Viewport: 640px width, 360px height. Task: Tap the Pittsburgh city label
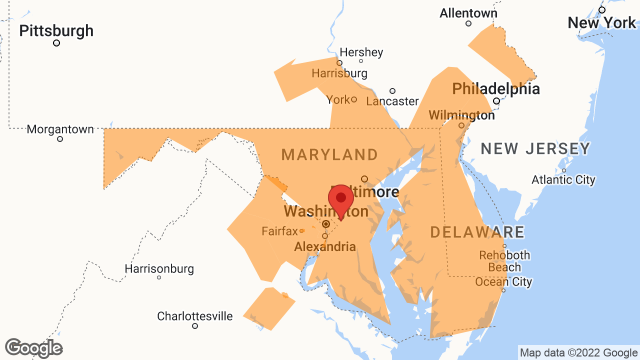[x=56, y=30]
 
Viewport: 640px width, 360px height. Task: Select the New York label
[x=601, y=22]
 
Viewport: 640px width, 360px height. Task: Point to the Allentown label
[x=468, y=13]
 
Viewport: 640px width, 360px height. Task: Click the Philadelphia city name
[x=495, y=89]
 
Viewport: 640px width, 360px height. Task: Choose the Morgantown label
[x=60, y=129]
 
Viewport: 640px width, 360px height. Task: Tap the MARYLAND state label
[x=329, y=154]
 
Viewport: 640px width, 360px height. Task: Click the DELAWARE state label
[x=477, y=232]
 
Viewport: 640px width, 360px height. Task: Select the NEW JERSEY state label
[x=535, y=148]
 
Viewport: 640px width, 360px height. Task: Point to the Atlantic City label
[x=563, y=179]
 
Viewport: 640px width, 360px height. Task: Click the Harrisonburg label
[x=159, y=268]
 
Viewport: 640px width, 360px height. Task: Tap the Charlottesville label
[x=194, y=316]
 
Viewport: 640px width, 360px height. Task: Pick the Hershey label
[x=361, y=52]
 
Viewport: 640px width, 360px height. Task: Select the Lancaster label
[x=392, y=101]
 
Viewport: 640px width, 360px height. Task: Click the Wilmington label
[x=461, y=115]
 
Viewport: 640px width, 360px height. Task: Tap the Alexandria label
[x=325, y=246]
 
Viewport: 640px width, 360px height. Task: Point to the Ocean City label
[x=503, y=282]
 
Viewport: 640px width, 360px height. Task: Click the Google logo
[x=33, y=348]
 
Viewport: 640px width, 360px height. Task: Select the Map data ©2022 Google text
[x=578, y=353]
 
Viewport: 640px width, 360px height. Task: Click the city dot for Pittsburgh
[x=56, y=43]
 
